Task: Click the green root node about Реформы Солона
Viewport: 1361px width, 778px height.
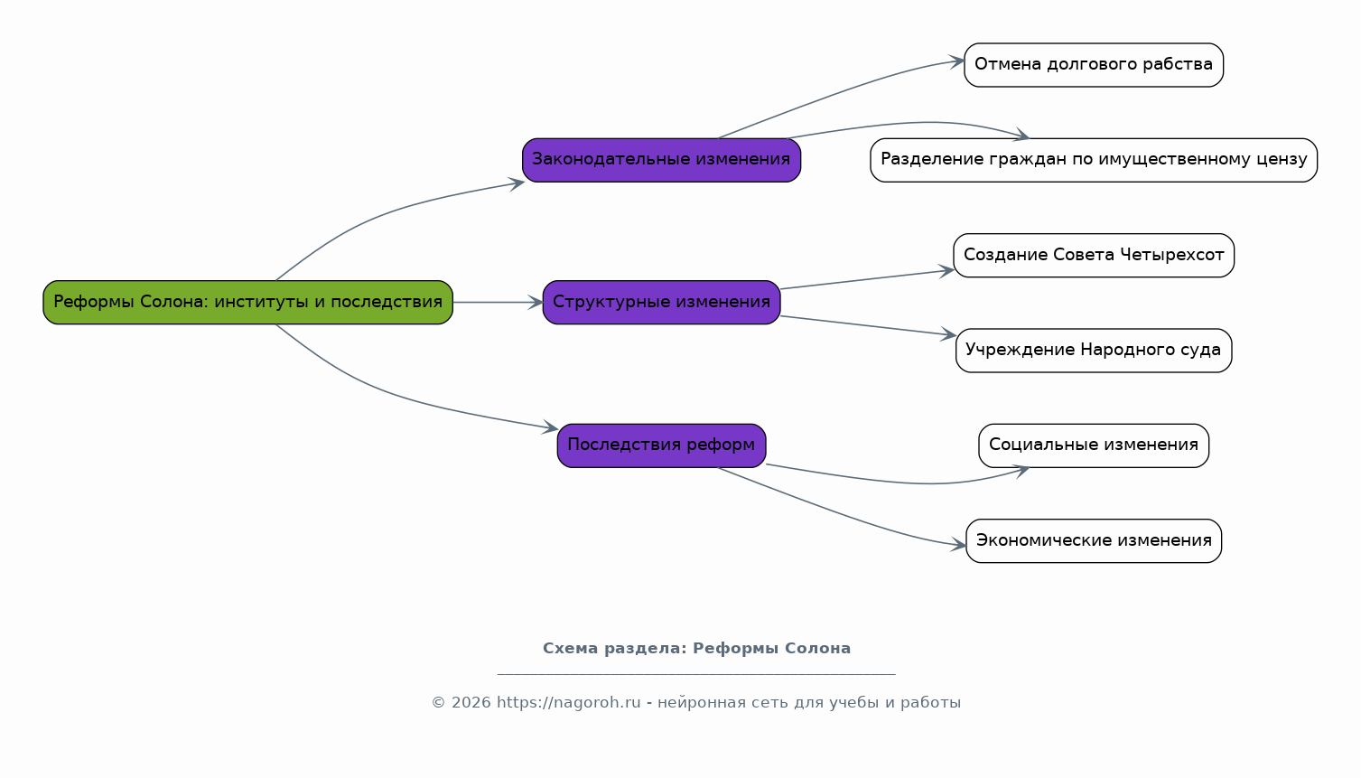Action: tap(247, 302)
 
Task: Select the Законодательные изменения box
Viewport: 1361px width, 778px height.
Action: tap(661, 160)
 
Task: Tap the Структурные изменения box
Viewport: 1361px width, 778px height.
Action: tap(661, 302)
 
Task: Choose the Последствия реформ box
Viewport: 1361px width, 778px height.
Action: tap(661, 445)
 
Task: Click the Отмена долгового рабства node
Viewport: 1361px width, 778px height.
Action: tap(1094, 65)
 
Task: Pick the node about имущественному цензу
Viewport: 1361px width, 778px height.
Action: tap(1094, 160)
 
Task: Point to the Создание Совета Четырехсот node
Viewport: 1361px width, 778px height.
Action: tap(1094, 256)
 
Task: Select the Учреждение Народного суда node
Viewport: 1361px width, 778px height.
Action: tap(1094, 351)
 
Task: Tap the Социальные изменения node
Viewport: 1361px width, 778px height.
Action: tap(1094, 445)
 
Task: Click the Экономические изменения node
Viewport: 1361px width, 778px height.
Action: tap(1094, 541)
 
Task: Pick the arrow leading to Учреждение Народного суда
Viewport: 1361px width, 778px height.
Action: tap(869, 326)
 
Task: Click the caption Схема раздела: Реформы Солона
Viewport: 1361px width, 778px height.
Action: tap(696, 649)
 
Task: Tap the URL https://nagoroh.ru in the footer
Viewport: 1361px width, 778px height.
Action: tap(569, 703)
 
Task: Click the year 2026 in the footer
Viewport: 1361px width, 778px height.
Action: tap(471, 703)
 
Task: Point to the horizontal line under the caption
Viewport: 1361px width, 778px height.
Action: tap(696, 674)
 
